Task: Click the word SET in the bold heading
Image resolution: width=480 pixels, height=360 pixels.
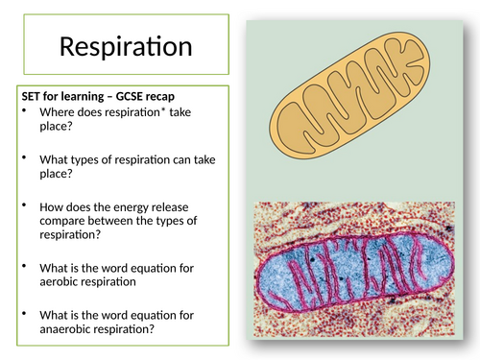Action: [32, 97]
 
